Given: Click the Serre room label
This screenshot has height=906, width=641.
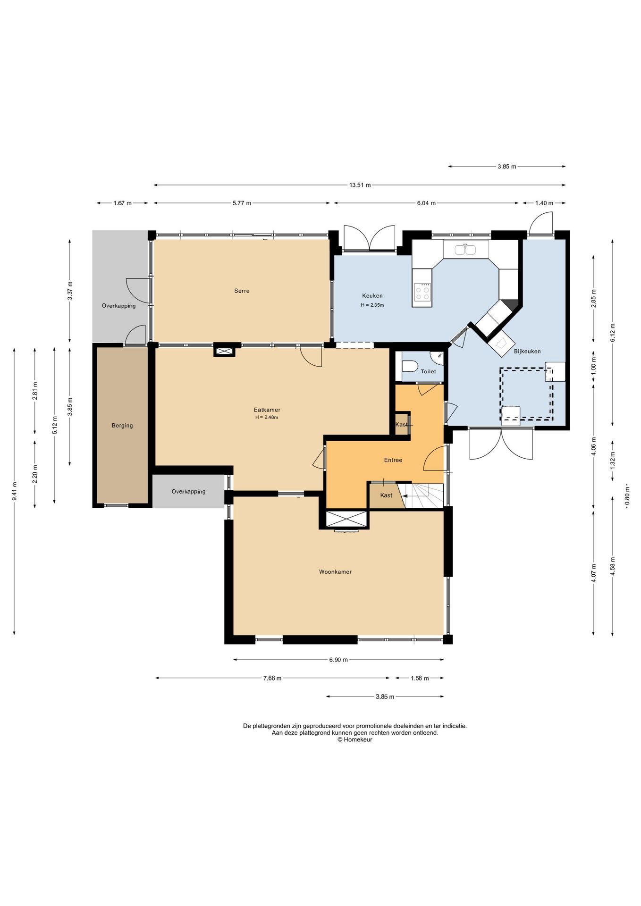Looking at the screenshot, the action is point(242,291).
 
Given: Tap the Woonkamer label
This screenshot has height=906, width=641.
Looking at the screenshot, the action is point(335,572).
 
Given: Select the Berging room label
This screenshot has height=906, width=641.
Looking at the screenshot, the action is point(122,426).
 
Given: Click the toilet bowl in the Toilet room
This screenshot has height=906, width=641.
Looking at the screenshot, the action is point(410,367).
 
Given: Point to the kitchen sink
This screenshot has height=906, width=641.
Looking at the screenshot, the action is point(466,249).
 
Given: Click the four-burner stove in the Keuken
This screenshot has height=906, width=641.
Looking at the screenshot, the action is point(422,292).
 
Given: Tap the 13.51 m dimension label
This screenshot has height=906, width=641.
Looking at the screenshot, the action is point(360,185).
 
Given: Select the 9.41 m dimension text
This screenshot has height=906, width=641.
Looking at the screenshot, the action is point(15,491).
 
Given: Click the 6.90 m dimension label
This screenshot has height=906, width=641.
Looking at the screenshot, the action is point(338,660).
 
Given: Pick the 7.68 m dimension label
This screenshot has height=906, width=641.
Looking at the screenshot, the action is point(272,678).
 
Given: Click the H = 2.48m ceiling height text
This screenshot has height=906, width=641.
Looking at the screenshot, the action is point(267,417).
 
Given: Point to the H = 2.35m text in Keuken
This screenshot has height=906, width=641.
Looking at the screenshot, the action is point(372,305).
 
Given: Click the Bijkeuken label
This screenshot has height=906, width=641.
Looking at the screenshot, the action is point(527,351).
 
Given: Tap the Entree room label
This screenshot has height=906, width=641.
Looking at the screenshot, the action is point(393,460).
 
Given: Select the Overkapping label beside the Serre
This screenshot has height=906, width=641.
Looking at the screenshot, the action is point(119,306).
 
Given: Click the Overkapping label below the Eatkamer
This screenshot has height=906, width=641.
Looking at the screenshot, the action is point(188,492).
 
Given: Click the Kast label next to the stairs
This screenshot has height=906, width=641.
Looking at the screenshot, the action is point(386,495).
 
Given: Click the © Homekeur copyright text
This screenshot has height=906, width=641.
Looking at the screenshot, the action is point(354,739).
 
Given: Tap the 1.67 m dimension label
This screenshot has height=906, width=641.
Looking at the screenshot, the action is point(122,203).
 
